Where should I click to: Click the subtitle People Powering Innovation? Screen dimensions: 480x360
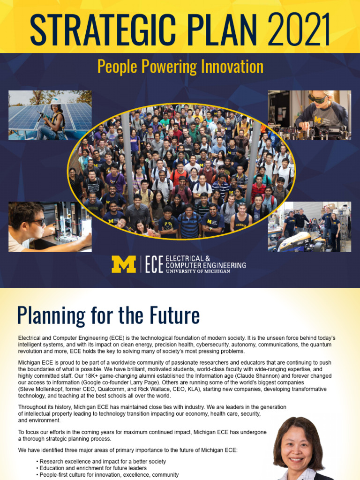(x=180, y=67)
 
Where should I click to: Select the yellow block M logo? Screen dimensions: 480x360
(x=123, y=264)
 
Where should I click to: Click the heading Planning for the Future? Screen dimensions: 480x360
(x=108, y=315)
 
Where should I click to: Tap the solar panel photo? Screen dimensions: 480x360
(x=50, y=115)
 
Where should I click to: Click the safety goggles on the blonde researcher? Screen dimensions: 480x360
(x=318, y=98)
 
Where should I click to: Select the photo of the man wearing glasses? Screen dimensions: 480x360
(x=50, y=227)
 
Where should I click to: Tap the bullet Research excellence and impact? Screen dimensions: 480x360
(x=103, y=461)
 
